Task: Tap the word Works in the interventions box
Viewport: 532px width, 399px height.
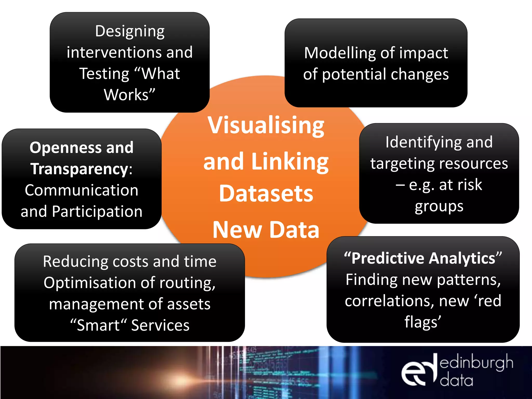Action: pos(126,95)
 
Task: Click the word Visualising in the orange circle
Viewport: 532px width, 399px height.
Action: pos(266,125)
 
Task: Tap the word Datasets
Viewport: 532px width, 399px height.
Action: pos(266,194)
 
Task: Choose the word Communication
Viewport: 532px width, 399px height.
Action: pos(82,190)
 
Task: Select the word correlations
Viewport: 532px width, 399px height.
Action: pos(390,301)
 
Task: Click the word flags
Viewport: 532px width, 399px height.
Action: pos(421,322)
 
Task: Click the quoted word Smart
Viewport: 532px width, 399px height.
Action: pos(98,325)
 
